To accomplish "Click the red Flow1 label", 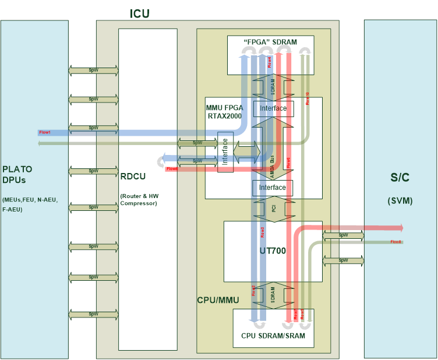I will [45, 132].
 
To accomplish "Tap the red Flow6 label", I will [172, 169].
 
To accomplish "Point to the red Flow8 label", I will [396, 242].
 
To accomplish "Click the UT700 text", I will [272, 251].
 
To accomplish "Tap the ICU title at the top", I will [140, 13].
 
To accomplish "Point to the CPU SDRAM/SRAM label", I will [273, 336].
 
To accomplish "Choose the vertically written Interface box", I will [225, 152].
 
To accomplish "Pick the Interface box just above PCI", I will [273, 188].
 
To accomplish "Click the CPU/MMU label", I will [218, 300].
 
